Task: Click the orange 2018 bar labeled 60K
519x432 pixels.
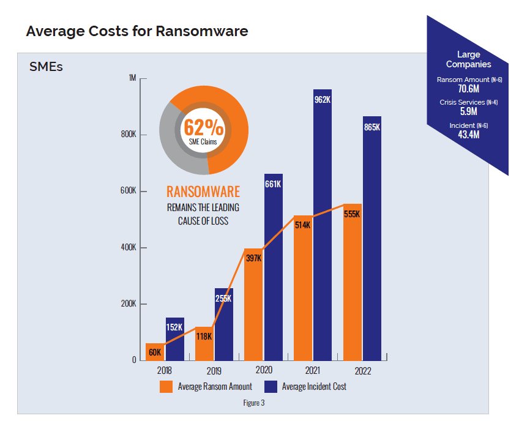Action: point(155,352)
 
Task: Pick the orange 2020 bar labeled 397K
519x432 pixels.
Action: point(253,306)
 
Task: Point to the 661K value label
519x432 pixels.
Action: point(273,184)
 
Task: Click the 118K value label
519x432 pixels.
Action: point(204,337)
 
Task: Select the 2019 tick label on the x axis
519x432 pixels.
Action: point(214,370)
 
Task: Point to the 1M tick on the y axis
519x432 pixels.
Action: point(132,78)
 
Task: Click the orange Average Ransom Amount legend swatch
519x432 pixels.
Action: point(165,387)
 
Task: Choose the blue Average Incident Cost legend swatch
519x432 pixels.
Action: point(270,387)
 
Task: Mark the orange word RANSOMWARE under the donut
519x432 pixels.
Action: point(203,192)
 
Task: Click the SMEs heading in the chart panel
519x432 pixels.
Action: point(46,67)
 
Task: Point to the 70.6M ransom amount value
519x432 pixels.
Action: point(468,89)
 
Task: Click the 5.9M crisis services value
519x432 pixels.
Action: point(468,112)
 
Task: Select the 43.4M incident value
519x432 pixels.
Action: point(468,135)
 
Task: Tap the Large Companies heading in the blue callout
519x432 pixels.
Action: point(468,59)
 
